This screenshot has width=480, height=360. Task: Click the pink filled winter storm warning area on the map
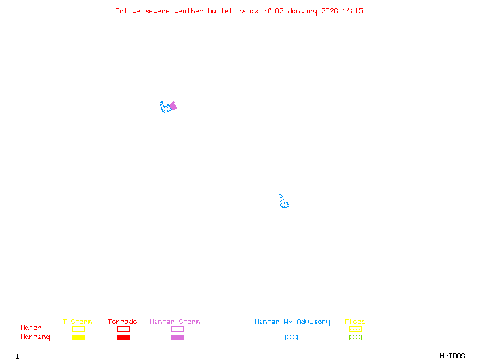pyautogui.click(x=173, y=106)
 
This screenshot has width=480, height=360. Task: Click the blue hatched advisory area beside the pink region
pyautogui.click(x=165, y=108)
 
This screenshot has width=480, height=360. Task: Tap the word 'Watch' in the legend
pyautogui.click(x=31, y=328)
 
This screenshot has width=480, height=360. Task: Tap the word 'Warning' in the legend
pyautogui.click(x=35, y=337)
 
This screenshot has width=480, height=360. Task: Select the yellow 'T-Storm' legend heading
pyautogui.click(x=77, y=322)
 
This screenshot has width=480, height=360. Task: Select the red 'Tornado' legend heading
pyautogui.click(x=122, y=322)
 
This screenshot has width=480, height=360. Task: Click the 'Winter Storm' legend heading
pyautogui.click(x=175, y=322)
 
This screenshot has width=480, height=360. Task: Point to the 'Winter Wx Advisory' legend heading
pyautogui.click(x=292, y=322)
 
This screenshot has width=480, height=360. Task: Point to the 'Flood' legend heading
pyautogui.click(x=355, y=322)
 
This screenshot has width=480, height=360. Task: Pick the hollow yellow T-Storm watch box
pyautogui.click(x=78, y=329)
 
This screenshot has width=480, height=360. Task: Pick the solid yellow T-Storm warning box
pyautogui.click(x=78, y=337)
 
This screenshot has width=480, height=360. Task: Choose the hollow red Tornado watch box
pyautogui.click(x=123, y=329)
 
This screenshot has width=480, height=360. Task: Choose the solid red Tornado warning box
pyautogui.click(x=123, y=337)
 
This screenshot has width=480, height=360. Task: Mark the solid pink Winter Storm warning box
pyautogui.click(x=177, y=337)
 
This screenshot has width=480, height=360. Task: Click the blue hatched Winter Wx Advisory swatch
pyautogui.click(x=291, y=337)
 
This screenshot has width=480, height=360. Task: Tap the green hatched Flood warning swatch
pyautogui.click(x=355, y=337)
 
